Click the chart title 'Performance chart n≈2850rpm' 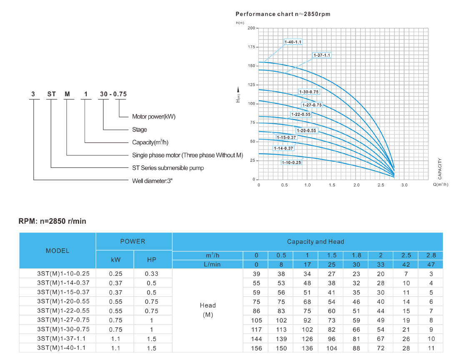pyautogui.click(x=283, y=14)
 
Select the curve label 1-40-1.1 pyautogui.click(x=293, y=42)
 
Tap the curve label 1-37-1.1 pyautogui.click(x=322, y=55)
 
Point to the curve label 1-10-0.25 pyautogui.click(x=291, y=162)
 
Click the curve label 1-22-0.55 pyautogui.click(x=301, y=114)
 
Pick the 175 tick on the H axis pyautogui.click(x=251, y=47)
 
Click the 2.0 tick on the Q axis pyautogui.click(x=356, y=185)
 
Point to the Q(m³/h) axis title pyautogui.click(x=440, y=185)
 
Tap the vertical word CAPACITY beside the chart pyautogui.click(x=440, y=168)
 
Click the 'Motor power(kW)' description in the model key pyautogui.click(x=154, y=117)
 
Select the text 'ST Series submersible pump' pyautogui.click(x=168, y=168)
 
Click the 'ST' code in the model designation pyautogui.click(x=51, y=94)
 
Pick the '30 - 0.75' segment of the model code pyautogui.click(x=113, y=94)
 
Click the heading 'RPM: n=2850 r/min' pyautogui.click(x=52, y=221)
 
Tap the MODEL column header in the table pyautogui.click(x=57, y=251)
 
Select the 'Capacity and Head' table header pyautogui.click(x=315, y=242)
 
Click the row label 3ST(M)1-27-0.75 pyautogui.click(x=63, y=320)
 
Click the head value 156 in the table pyautogui.click(x=257, y=348)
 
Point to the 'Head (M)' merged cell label pyautogui.click(x=207, y=310)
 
